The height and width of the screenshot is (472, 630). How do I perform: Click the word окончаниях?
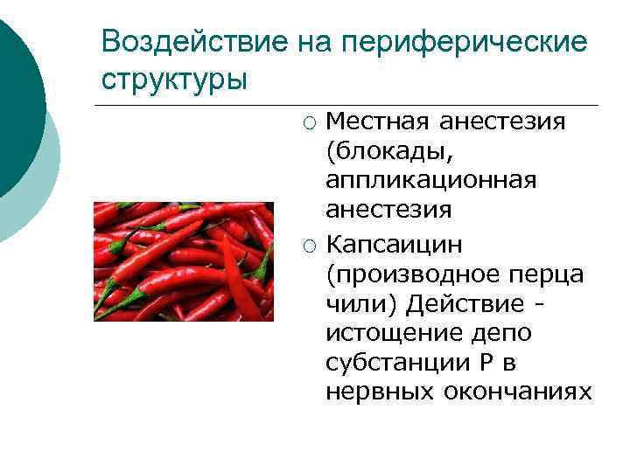pos(517,392)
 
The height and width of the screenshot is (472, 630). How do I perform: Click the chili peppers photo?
pos(184,261)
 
